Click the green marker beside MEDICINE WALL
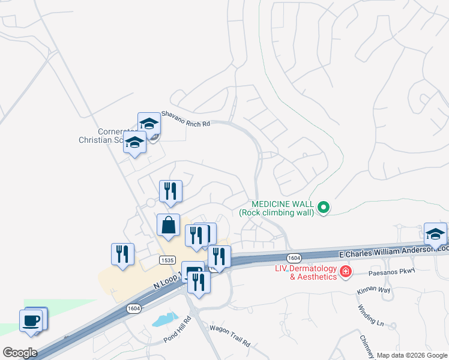324,208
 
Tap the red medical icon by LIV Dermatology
346,272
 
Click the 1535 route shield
167,259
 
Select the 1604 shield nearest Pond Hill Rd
134,308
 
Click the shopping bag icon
169,225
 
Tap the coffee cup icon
31,319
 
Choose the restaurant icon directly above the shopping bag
170,191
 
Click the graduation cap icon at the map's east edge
435,233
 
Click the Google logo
20,352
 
